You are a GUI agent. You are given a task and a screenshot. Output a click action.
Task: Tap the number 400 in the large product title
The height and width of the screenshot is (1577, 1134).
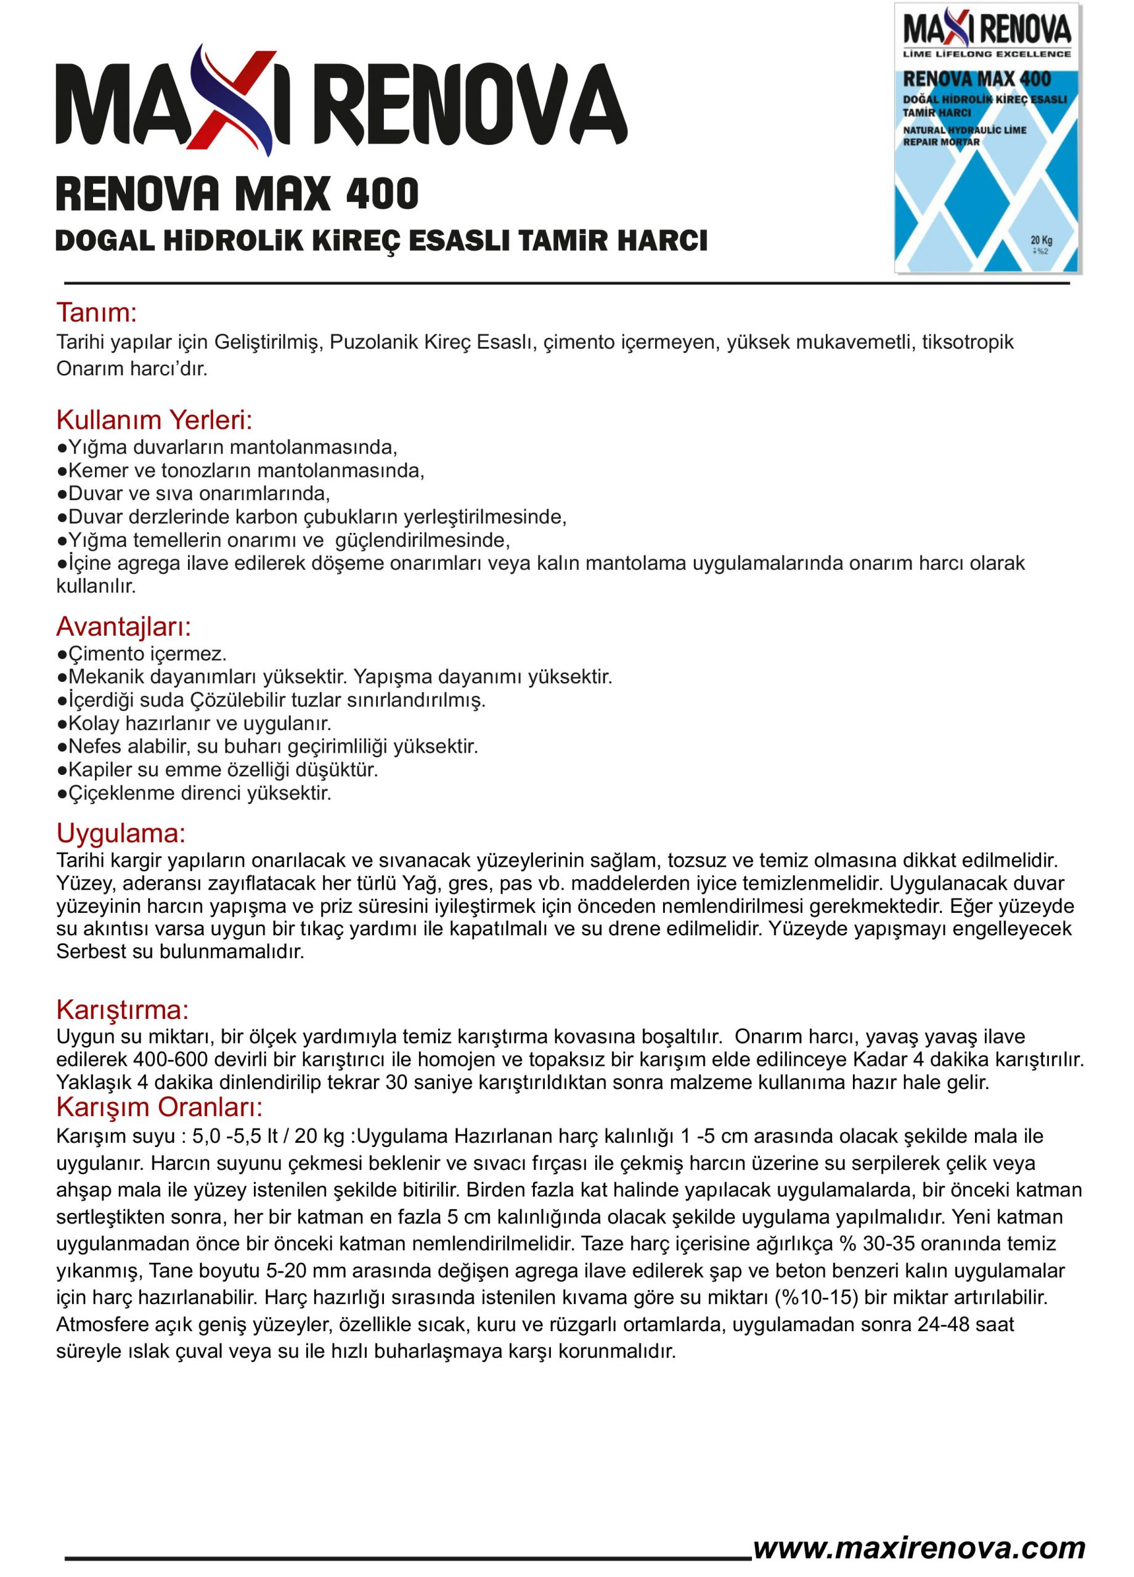tap(382, 194)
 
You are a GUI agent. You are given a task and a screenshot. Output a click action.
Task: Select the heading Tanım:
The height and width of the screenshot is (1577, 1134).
tap(96, 313)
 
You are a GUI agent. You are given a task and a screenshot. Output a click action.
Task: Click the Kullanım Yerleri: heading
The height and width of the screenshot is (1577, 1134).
tap(153, 420)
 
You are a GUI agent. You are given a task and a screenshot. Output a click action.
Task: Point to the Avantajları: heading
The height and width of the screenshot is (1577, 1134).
tap(123, 626)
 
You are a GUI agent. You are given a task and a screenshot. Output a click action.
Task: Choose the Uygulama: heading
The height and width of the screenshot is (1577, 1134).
tap(120, 833)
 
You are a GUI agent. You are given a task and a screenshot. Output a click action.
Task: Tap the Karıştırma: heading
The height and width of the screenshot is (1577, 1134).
tap(123, 1010)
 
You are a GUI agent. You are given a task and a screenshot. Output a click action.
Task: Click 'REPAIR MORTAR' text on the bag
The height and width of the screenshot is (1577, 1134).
tap(940, 142)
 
